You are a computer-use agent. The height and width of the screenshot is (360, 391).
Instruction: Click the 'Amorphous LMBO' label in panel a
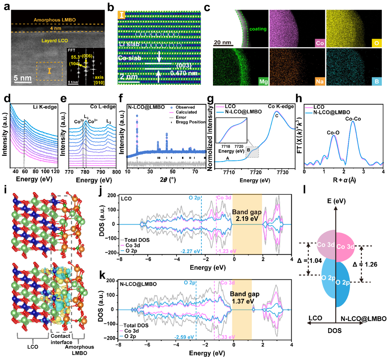55,20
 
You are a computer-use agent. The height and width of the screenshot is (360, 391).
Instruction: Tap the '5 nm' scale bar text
22,78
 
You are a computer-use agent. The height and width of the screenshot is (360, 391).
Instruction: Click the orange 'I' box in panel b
122,15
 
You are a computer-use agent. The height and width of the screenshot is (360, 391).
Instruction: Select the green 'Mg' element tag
263,81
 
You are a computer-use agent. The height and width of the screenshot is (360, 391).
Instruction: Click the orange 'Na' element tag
320,81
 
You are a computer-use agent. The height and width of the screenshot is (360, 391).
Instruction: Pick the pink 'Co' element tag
320,43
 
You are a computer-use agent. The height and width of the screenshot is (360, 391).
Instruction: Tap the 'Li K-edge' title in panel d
45,107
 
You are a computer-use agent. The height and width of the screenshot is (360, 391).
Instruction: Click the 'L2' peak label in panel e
109,122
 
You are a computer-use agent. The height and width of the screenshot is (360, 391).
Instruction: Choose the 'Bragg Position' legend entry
190,122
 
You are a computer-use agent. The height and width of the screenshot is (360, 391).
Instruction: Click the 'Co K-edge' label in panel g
281,106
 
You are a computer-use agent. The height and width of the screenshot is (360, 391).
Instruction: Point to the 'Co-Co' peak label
353,119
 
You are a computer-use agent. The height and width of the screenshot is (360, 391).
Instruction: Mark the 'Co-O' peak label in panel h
333,133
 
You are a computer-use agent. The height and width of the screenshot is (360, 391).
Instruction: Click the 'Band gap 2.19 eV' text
247,215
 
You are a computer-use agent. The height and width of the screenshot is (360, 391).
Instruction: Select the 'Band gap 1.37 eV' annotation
245,297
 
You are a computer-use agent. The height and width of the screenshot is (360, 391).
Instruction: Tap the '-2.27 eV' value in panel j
190,251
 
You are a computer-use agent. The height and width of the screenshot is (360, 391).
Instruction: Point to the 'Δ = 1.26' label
365,264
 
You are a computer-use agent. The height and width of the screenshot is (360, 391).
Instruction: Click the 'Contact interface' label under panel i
61,339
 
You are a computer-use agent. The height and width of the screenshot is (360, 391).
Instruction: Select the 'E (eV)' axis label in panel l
336,201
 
